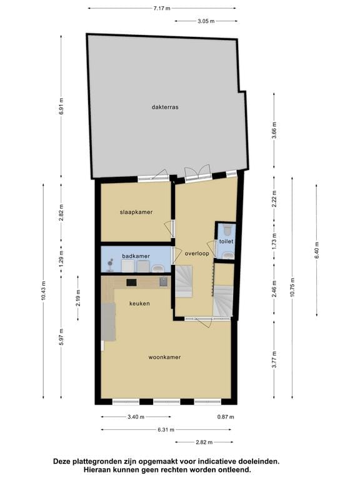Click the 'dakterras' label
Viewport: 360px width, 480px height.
(165, 107)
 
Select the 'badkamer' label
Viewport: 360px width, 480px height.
(136, 256)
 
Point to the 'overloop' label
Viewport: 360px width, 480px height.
(196, 253)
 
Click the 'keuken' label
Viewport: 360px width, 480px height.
(139, 303)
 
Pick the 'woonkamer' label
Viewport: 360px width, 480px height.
(164, 357)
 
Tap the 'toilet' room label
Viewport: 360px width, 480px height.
(226, 241)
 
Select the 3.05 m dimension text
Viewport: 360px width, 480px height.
(206, 21)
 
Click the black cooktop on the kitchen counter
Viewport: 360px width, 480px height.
(132, 282)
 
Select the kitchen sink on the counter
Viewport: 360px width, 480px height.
(164, 282)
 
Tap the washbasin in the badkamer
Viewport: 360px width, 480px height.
(157, 268)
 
